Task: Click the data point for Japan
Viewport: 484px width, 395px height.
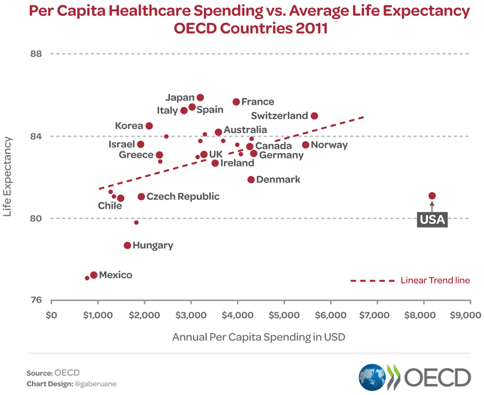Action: [x=200, y=98]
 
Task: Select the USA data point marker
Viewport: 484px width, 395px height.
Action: [x=432, y=196]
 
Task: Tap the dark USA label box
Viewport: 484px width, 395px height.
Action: [x=432, y=219]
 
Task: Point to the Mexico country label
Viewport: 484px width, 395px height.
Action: [x=115, y=275]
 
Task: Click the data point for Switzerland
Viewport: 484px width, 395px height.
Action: [x=314, y=116]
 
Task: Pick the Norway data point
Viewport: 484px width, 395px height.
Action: [x=306, y=145]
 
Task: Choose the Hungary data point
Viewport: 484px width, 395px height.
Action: [x=127, y=245]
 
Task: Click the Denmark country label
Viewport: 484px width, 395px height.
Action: [x=278, y=180]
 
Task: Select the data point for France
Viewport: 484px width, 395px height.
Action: [x=236, y=102]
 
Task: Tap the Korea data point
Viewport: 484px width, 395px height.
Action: [x=149, y=126]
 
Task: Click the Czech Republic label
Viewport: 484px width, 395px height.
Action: [x=183, y=196]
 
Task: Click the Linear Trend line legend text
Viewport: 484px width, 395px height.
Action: [x=435, y=281]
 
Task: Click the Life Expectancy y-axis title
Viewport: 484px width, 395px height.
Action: [x=8, y=177]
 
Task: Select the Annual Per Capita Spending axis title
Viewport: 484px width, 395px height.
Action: [x=259, y=337]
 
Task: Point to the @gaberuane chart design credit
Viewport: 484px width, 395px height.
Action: [x=96, y=384]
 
